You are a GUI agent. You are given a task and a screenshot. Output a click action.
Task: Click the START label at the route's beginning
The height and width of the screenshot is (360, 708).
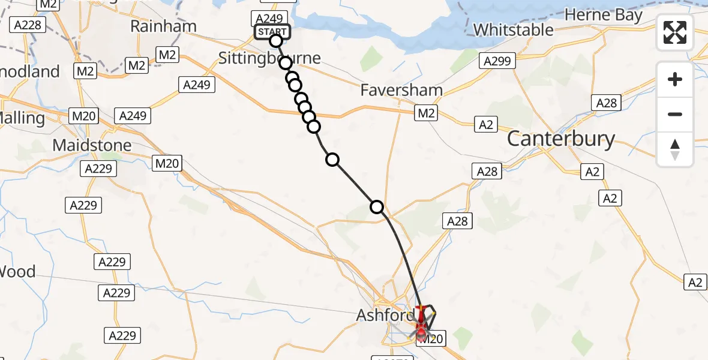click(x=272, y=31)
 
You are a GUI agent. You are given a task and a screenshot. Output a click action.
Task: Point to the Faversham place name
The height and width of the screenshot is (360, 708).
click(x=402, y=91)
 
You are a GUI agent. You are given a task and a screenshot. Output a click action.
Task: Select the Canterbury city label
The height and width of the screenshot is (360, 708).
click(x=561, y=139)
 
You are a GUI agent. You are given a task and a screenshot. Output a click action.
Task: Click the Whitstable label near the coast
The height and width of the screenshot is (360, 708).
click(x=513, y=29)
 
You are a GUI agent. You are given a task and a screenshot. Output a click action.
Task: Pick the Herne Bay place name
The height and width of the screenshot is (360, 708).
click(x=604, y=15)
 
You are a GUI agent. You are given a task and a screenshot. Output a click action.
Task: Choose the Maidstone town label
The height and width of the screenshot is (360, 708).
click(x=92, y=145)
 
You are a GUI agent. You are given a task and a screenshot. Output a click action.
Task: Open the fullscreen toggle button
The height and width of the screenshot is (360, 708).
click(x=675, y=32)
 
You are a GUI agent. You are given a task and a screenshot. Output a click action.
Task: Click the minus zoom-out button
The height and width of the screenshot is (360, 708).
click(x=675, y=114)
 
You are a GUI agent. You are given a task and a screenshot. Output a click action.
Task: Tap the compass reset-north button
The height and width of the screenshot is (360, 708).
click(x=675, y=149)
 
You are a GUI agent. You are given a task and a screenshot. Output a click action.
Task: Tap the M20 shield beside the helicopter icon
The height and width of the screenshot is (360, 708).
click(x=430, y=339)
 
